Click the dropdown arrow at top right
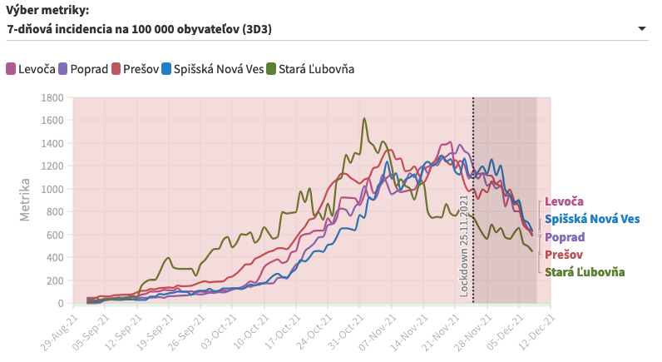click(641, 29)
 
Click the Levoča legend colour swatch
click(12, 69)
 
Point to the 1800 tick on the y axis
click(52, 97)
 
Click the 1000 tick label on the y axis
click(52, 189)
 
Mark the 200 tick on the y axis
click(55, 280)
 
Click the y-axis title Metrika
click(25, 200)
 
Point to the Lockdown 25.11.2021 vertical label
click(464, 245)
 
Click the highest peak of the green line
click(364, 118)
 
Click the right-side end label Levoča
click(564, 201)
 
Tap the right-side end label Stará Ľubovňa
click(585, 272)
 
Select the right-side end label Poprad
click(566, 237)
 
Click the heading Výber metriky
click(47, 10)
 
